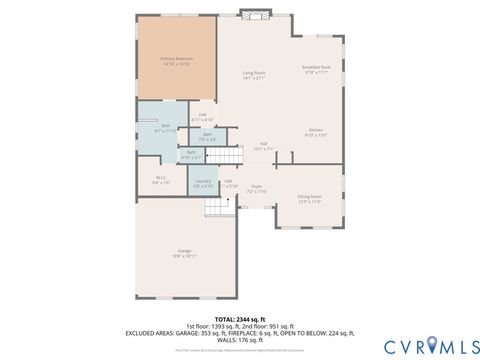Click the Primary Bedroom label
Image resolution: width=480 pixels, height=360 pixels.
(x=177, y=61)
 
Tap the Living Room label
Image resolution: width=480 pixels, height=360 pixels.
(x=254, y=75)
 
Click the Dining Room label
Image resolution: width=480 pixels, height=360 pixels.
(x=309, y=198)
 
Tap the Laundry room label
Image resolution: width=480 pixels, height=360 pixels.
(x=203, y=184)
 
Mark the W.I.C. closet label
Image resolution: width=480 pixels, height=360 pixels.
(x=161, y=182)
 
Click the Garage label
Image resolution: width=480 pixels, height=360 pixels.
(x=185, y=253)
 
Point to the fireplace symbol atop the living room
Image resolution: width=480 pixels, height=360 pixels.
(x=255, y=15)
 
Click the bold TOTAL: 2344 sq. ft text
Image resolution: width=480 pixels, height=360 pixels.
(x=239, y=317)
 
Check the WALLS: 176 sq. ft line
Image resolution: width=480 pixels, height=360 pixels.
(x=239, y=339)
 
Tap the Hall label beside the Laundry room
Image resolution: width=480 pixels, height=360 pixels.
(x=229, y=183)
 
